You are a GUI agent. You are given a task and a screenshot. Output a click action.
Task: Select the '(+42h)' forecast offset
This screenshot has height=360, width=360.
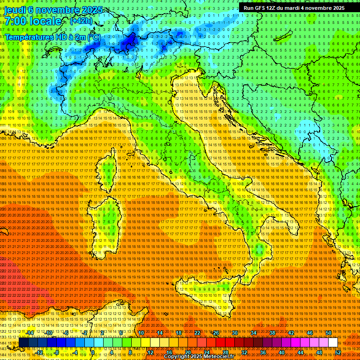click(81, 21)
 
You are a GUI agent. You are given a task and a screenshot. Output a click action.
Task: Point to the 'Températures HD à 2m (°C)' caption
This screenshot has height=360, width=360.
click(52, 37)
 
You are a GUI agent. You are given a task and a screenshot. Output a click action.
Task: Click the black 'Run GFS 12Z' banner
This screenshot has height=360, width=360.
click(294, 8)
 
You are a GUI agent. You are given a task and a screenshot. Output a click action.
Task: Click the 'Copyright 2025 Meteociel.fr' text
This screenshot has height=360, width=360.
click(202, 357)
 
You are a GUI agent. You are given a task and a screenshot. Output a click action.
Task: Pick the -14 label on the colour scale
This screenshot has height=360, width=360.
click(30, 333)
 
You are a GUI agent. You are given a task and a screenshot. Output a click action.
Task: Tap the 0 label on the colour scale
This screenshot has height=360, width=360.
click(93, 352)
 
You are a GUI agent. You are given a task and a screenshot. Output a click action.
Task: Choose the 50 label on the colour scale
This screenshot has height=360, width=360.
click(328, 333)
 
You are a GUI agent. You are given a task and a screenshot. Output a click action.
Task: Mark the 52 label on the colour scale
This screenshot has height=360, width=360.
click(337, 352)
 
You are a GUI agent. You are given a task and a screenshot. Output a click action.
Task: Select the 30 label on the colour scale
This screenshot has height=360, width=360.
click(234, 333)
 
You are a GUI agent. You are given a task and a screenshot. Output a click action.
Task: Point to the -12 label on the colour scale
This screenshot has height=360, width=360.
click(40, 352)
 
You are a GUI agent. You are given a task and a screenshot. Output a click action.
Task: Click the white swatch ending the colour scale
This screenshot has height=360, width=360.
click(333, 343)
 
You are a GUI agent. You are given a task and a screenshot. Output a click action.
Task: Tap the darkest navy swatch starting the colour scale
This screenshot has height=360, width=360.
click(23, 343)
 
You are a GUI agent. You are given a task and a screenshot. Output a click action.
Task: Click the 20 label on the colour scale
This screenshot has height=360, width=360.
click(187, 352)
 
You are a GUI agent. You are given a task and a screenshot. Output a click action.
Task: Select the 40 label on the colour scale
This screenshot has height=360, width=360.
click(281, 352)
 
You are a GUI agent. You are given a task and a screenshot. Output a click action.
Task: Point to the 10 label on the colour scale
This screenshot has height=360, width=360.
click(141, 333)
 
